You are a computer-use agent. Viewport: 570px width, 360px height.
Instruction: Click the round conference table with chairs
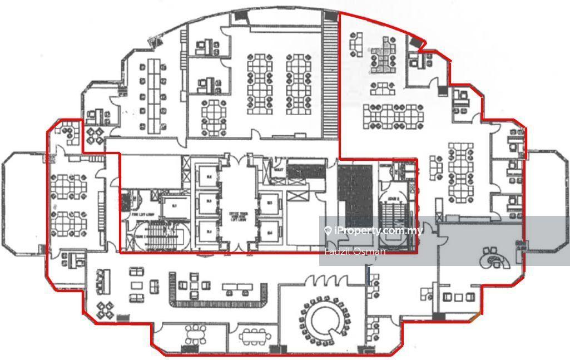(x=322, y=319)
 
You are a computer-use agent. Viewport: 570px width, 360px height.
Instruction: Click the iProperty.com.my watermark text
(x=378, y=230)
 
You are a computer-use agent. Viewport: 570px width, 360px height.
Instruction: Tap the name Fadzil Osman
(x=355, y=251)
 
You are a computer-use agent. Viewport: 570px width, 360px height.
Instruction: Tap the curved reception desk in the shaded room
(x=492, y=258)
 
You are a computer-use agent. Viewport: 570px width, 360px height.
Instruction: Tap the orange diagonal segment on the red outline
(x=474, y=318)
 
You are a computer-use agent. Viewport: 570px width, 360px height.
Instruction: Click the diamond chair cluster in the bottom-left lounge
(x=105, y=309)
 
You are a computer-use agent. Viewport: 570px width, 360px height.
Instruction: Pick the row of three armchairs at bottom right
(x=457, y=297)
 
